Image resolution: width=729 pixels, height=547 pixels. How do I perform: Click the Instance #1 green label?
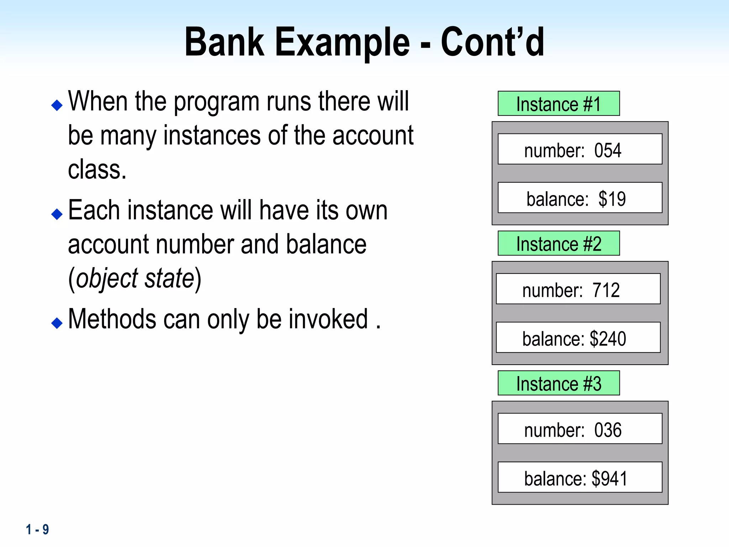(x=558, y=104)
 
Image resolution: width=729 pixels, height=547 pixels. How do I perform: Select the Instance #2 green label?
(x=558, y=244)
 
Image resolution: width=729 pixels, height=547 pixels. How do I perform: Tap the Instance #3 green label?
(x=558, y=383)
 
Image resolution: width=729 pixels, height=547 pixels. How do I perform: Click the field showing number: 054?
(x=580, y=149)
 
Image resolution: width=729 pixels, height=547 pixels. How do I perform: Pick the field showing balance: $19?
(x=580, y=198)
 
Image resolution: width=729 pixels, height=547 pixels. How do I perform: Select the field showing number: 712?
(x=578, y=289)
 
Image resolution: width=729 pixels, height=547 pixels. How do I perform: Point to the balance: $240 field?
(x=578, y=338)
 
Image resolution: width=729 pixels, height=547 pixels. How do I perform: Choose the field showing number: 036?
(x=580, y=429)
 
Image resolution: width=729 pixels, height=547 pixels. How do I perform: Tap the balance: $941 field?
(x=580, y=478)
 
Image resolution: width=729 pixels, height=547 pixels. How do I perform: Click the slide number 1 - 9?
(x=37, y=530)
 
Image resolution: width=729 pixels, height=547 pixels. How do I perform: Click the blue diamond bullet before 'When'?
(x=57, y=105)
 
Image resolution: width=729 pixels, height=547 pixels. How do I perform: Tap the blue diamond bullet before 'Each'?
(x=57, y=214)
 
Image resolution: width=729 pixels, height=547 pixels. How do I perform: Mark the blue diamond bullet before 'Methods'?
(x=57, y=323)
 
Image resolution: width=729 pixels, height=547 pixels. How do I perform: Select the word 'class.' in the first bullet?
(x=97, y=170)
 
